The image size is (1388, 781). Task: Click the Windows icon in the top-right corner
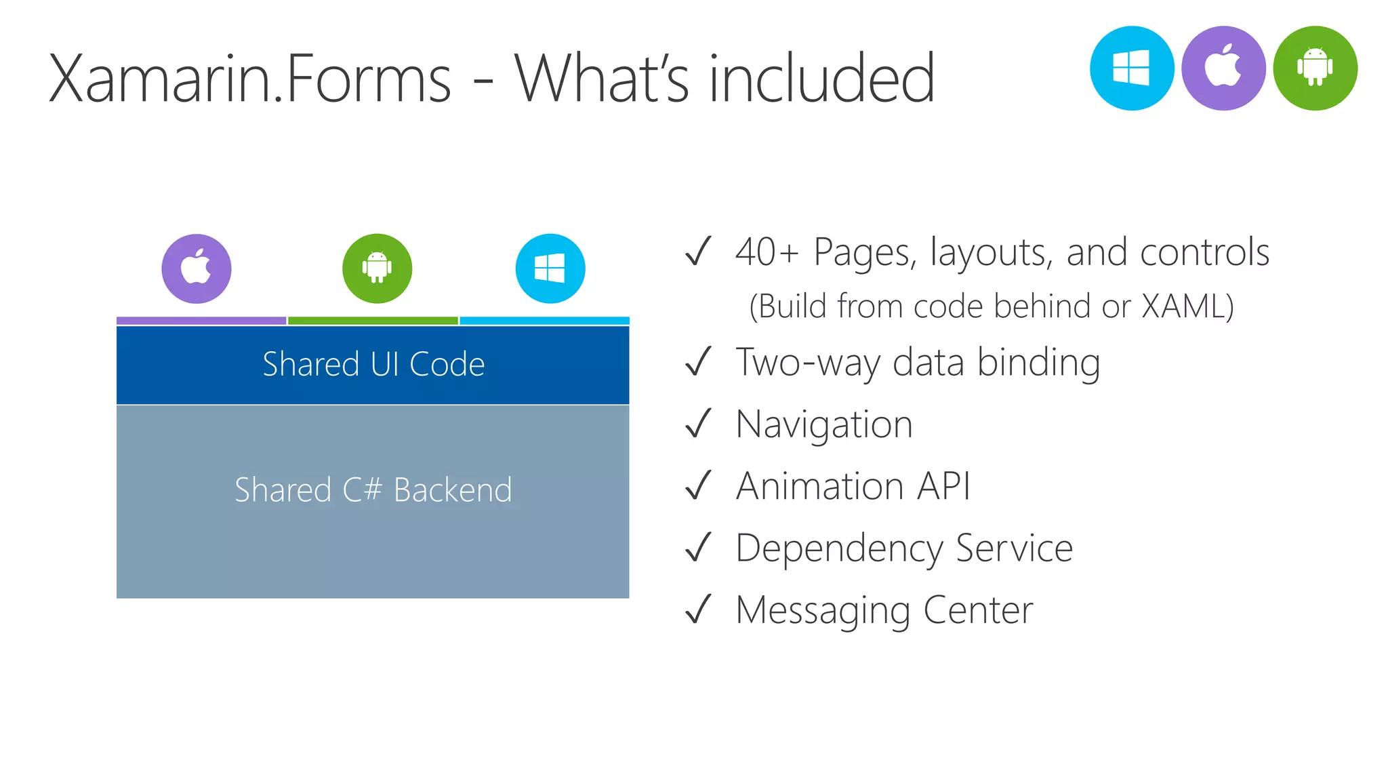point(1131,68)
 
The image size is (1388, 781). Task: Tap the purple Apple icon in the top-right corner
point(1223,68)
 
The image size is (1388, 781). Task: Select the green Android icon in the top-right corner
point(1315,68)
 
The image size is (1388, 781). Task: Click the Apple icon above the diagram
point(197,268)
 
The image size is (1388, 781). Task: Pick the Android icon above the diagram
point(377,268)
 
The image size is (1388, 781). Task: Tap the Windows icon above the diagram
point(550,268)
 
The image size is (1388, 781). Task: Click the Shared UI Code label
point(373,365)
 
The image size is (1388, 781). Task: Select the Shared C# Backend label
point(373,490)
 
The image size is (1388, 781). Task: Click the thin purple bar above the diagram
point(201,321)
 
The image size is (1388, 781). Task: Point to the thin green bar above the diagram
point(373,321)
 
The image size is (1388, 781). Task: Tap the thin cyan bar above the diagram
point(545,321)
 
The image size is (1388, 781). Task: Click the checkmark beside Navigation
point(698,424)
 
